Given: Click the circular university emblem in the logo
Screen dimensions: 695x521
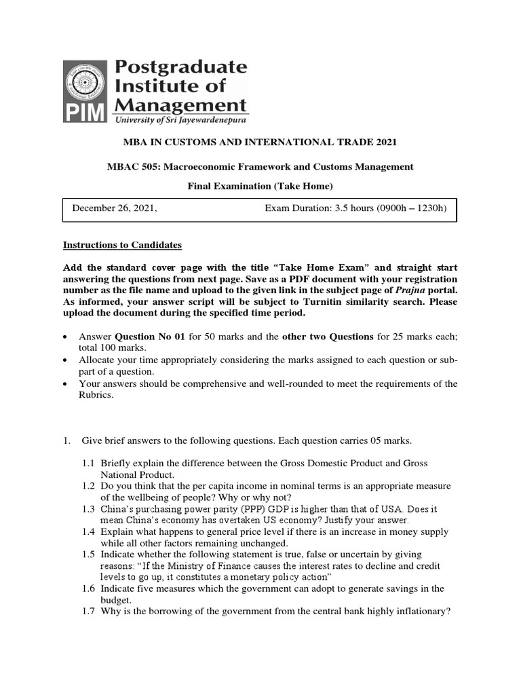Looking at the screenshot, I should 85,83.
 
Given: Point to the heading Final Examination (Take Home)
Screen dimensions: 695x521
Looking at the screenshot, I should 260,187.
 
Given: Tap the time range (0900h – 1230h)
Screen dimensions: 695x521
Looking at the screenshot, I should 408,208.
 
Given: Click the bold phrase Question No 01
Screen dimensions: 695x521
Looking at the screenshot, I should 147,337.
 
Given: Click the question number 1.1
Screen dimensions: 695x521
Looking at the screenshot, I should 90,462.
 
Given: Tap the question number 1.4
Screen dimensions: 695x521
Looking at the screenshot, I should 90,533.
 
